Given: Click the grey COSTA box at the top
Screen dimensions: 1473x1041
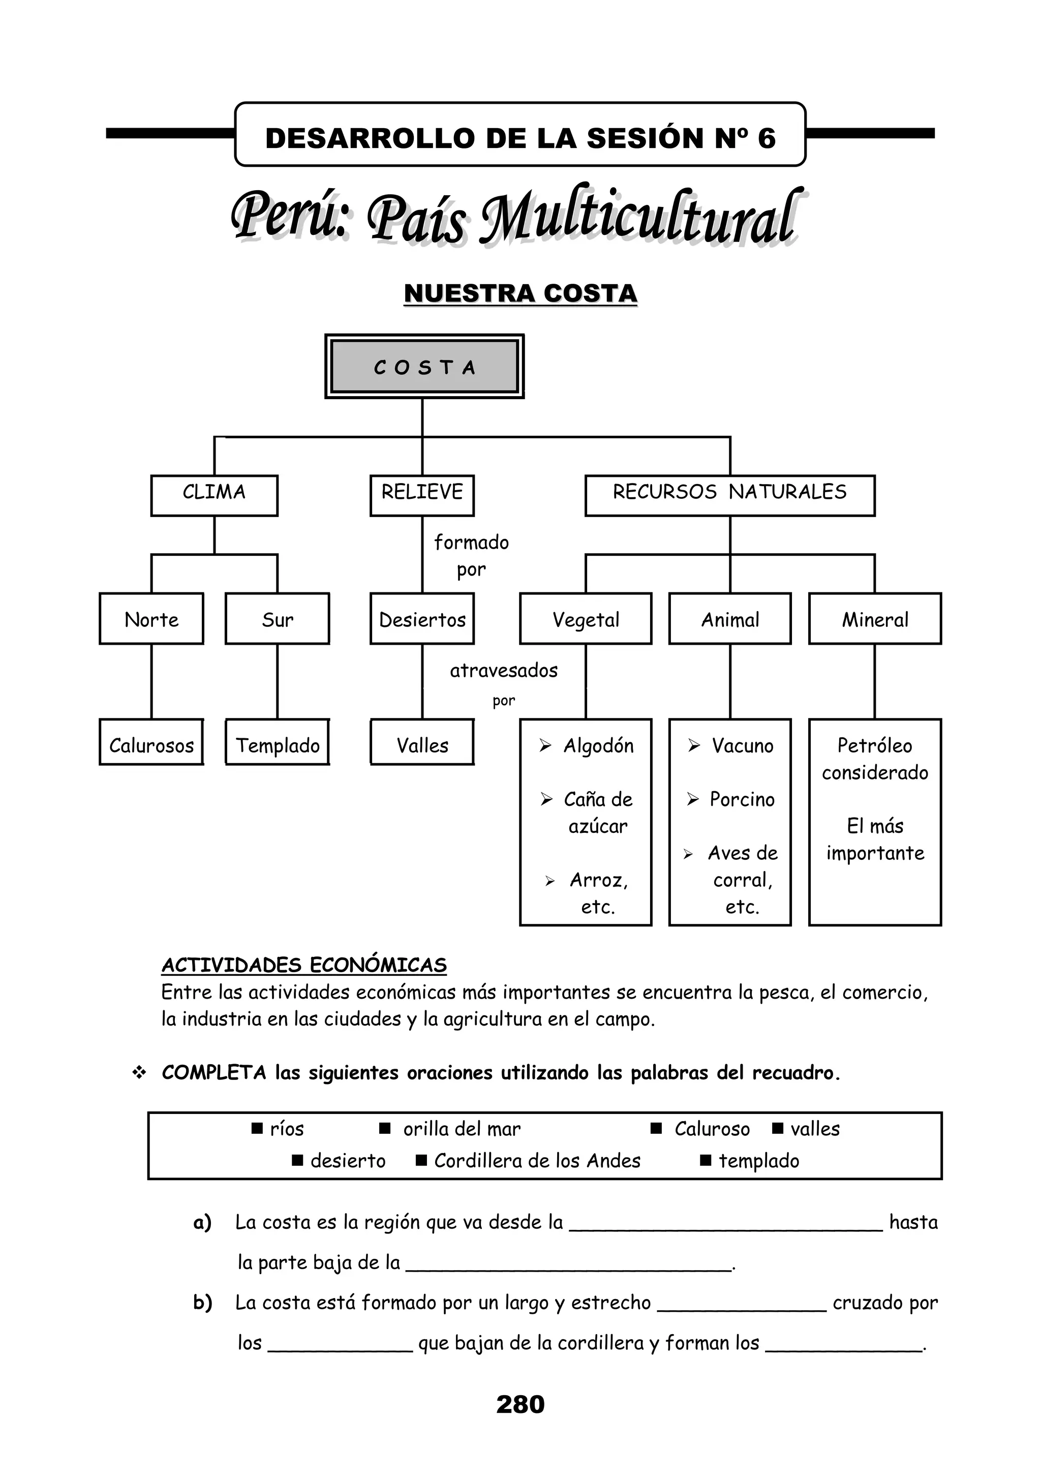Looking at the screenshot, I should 424,367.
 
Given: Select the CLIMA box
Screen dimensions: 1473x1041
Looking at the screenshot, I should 214,495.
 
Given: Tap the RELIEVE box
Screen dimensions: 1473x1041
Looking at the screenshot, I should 422,495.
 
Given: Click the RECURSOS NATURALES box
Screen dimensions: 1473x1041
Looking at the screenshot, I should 730,495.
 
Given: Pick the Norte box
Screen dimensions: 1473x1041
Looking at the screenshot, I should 151,619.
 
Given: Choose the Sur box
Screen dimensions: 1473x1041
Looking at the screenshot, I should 277,619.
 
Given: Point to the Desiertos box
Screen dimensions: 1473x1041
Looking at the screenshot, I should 422,619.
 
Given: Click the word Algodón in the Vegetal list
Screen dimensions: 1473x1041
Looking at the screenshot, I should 598,745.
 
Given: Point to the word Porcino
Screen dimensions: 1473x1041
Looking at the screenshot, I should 742,799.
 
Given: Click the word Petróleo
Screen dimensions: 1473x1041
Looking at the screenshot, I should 875,745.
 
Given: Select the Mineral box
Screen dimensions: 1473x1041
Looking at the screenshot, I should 875,619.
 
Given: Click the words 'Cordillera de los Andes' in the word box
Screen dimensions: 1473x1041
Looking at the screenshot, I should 537,1161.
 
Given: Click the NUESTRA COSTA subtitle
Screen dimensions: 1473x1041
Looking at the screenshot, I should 520,294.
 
